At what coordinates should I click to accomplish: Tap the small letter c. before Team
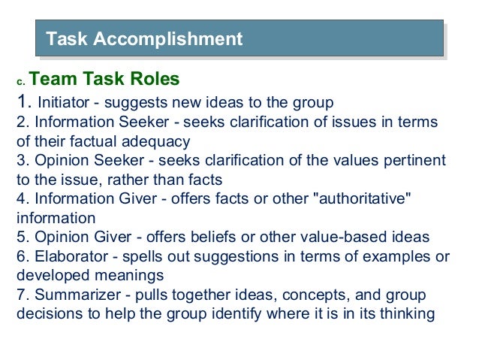[21, 81]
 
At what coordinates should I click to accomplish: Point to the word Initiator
[63, 102]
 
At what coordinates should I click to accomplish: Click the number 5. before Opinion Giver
[22, 237]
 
